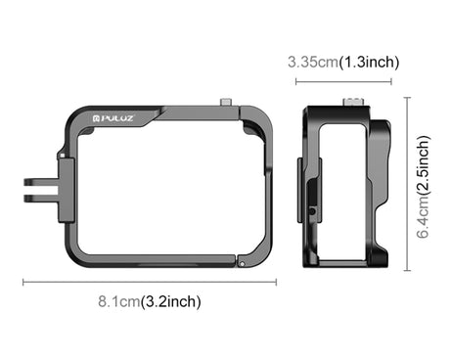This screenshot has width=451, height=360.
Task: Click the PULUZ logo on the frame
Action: [113, 118]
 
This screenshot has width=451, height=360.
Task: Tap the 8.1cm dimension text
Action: [119, 301]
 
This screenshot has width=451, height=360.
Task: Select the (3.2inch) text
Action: [170, 301]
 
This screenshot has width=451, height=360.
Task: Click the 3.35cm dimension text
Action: [313, 62]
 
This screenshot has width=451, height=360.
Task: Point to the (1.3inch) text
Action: [369, 62]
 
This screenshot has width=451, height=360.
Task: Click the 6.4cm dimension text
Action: [424, 216]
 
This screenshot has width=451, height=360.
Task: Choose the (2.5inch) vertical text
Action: [424, 164]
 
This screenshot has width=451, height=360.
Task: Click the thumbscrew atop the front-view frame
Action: [226, 102]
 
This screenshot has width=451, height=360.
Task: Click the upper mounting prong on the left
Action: [41, 181]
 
